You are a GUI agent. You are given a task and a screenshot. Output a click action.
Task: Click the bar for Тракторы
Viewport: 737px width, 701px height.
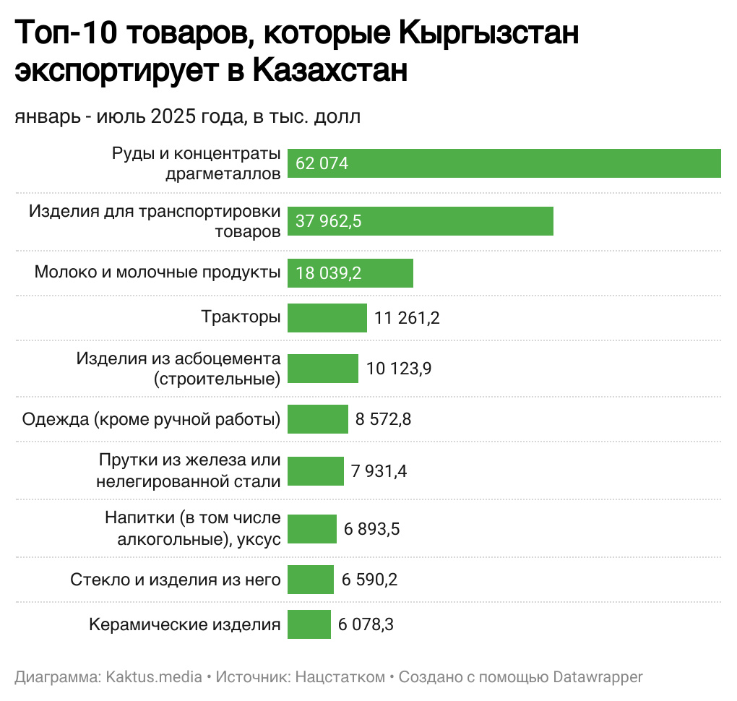(x=327, y=317)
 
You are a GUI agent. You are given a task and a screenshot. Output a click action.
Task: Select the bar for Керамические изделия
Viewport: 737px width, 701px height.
(x=309, y=624)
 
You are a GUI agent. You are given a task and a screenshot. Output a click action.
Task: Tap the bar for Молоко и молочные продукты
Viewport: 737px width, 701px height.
(x=350, y=273)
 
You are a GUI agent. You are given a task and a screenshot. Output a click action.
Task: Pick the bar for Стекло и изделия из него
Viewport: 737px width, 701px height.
(x=310, y=580)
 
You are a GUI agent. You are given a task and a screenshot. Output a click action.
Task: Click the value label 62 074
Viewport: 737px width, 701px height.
(x=322, y=163)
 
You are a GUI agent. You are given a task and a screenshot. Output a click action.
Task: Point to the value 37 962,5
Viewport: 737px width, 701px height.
(x=329, y=221)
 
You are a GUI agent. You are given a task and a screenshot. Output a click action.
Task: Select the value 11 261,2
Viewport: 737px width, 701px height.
(x=407, y=317)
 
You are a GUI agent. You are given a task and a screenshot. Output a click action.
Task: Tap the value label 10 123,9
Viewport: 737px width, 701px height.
(x=399, y=369)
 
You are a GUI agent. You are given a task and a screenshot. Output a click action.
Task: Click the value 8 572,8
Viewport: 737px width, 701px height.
(x=383, y=418)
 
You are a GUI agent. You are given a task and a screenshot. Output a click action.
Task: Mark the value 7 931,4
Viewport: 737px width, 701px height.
(x=379, y=471)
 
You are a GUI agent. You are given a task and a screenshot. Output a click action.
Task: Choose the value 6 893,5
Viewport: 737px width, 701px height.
(x=372, y=529)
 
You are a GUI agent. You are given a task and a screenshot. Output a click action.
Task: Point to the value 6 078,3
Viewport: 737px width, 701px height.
(x=366, y=624)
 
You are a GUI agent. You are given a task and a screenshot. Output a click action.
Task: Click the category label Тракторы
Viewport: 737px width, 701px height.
(x=241, y=317)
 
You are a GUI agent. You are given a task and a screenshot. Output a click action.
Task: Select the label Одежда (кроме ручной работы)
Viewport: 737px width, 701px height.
(x=151, y=419)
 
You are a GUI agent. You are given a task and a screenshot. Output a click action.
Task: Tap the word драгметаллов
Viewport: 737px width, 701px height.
(x=223, y=173)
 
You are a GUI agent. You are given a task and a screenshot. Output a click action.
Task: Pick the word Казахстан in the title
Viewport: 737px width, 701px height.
(x=331, y=71)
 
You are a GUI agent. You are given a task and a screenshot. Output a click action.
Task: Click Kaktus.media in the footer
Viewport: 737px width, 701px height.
(x=155, y=677)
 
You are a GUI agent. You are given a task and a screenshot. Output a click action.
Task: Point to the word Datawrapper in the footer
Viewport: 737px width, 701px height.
(x=598, y=677)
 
